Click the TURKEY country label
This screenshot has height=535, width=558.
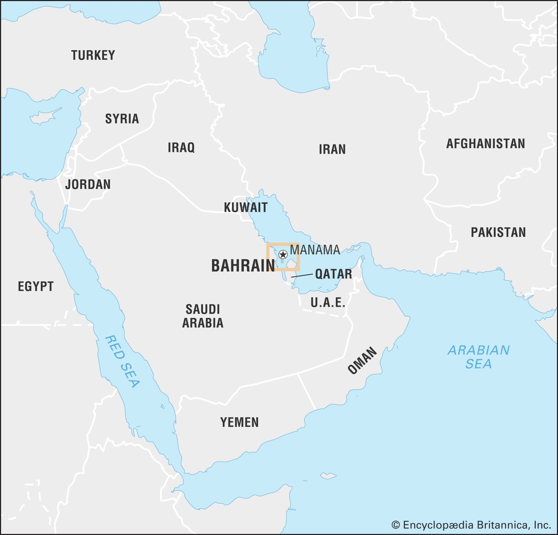[x=93, y=55]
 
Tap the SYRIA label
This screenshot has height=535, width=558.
[x=122, y=119]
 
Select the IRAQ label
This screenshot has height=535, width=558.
[x=181, y=148]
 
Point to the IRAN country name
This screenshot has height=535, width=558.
[x=332, y=150]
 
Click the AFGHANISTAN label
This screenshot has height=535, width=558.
[x=485, y=144]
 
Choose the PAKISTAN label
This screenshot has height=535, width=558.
[x=498, y=232]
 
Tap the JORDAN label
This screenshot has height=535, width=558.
[x=88, y=185]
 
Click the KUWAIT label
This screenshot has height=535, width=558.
[x=246, y=208]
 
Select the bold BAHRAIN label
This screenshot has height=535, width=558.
[x=243, y=266]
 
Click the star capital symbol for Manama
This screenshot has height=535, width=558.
[x=283, y=254]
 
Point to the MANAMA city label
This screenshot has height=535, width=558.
[x=315, y=250]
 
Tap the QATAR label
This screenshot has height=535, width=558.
[x=333, y=274]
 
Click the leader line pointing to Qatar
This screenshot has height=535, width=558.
[x=302, y=276]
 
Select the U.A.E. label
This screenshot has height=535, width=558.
[x=328, y=303]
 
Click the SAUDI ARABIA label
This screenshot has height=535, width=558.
[x=203, y=316]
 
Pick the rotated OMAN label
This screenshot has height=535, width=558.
[x=362, y=361]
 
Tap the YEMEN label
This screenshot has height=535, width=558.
[x=239, y=423]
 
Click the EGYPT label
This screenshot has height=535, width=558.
[x=36, y=287]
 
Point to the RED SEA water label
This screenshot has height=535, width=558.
[x=122, y=362]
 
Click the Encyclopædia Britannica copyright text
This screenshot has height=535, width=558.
[x=471, y=525]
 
